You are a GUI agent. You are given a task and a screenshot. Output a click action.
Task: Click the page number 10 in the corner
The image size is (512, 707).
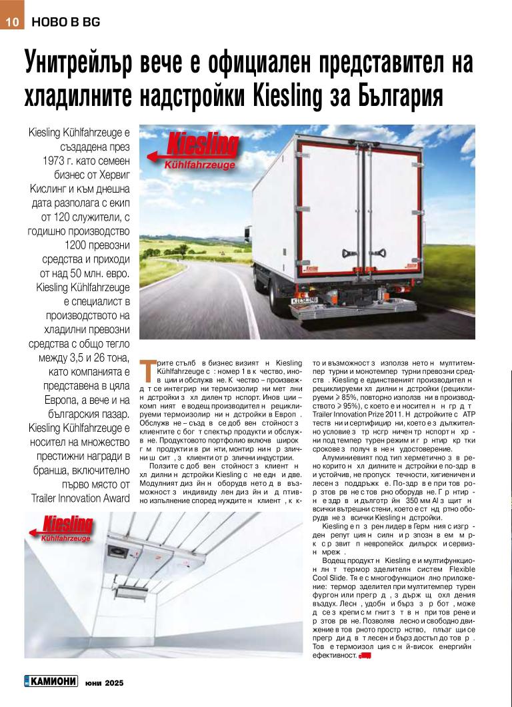click(x=12, y=21)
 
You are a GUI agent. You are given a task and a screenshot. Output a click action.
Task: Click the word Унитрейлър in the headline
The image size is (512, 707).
click(x=78, y=63)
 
